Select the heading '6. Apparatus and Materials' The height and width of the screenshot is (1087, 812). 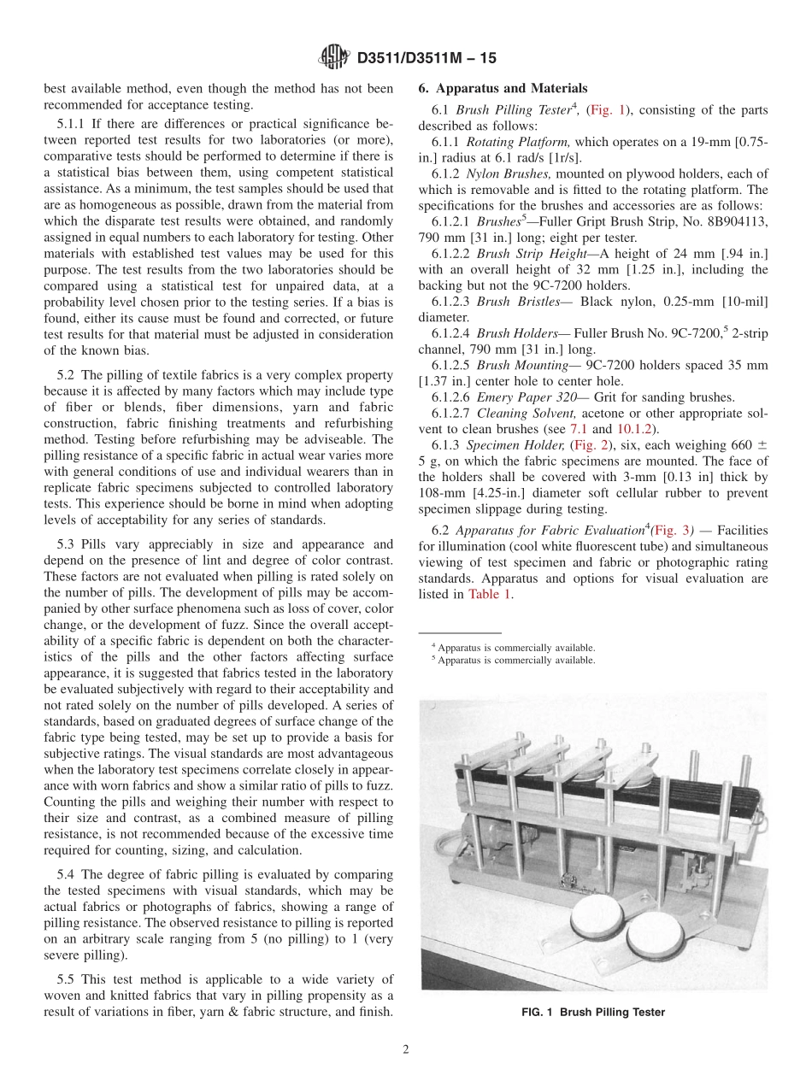(503, 88)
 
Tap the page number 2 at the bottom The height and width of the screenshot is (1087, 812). (406, 1049)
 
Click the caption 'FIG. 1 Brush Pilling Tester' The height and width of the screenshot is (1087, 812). (593, 1012)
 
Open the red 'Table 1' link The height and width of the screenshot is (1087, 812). (491, 594)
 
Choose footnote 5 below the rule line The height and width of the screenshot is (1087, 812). (514, 660)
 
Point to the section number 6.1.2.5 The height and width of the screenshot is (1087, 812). (451, 365)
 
